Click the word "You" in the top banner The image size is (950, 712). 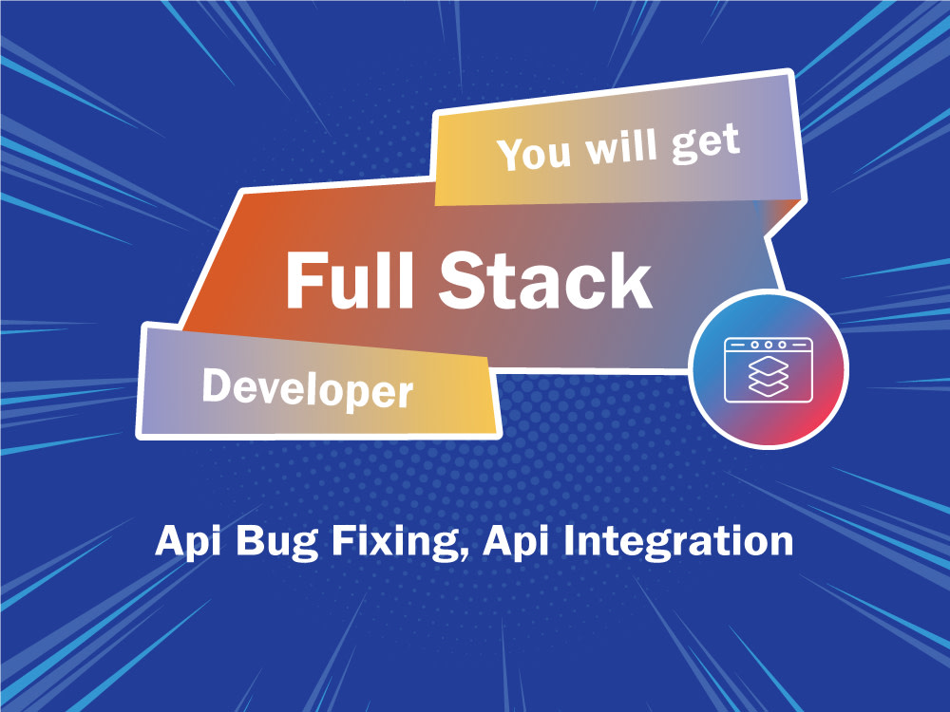534,153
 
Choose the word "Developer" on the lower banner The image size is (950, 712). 307,388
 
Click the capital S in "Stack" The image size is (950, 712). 465,279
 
